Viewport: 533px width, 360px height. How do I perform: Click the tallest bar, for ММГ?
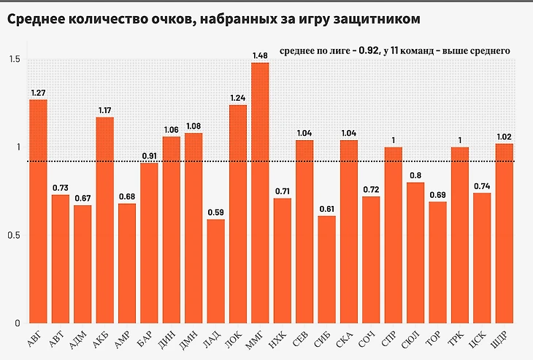[x=260, y=193]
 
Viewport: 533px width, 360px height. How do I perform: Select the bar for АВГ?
[x=38, y=211]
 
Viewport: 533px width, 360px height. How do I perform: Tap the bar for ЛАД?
[x=215, y=271]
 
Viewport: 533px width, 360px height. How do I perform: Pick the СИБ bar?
[x=326, y=269]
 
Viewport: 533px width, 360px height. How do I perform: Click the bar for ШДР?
[x=504, y=233]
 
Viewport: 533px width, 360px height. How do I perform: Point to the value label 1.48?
[x=261, y=55]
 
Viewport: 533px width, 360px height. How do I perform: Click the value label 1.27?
[x=38, y=92]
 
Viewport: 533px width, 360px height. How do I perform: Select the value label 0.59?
[x=215, y=212]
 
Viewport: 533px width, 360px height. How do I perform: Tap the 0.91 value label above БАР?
[x=149, y=156]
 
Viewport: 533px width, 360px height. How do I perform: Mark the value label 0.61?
[x=326, y=209]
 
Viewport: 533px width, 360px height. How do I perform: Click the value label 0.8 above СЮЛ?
[x=415, y=175]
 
